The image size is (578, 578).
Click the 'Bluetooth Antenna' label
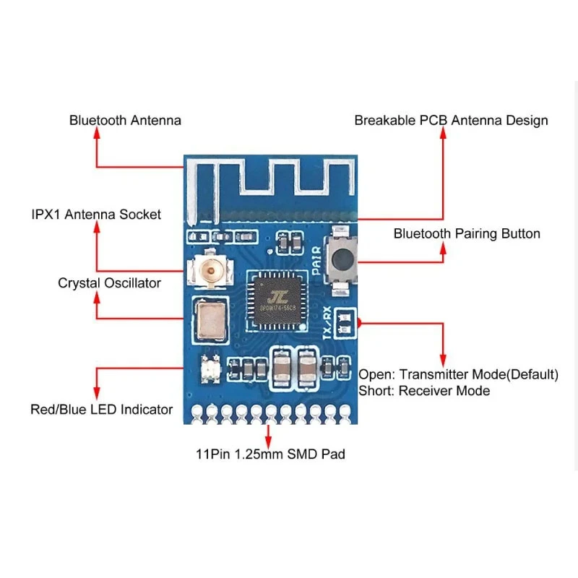(x=125, y=121)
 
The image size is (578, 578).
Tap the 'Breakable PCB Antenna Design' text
(x=451, y=121)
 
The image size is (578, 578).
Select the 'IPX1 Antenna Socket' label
(x=96, y=215)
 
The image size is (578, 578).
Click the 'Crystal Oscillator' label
(x=109, y=283)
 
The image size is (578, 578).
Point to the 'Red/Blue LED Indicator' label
(x=101, y=410)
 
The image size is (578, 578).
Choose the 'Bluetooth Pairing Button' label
(x=467, y=233)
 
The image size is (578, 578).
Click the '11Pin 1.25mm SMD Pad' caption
(x=270, y=454)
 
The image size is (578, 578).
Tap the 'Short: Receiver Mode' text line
(x=424, y=391)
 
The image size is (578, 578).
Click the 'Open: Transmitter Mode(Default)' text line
(x=459, y=374)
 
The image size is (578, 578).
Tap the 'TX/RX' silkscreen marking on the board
(x=327, y=323)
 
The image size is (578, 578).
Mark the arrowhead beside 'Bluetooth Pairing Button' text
(x=444, y=249)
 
